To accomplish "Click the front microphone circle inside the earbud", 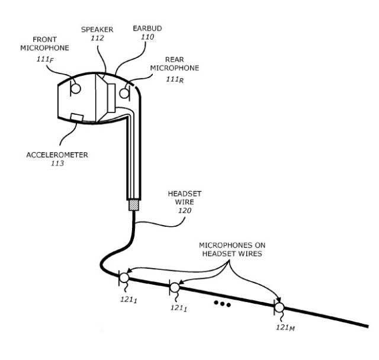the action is point(76,89).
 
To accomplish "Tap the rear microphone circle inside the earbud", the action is point(124,94).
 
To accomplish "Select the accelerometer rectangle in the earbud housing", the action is point(77,117).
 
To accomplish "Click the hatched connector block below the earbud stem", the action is point(134,205).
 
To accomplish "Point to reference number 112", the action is point(97,38).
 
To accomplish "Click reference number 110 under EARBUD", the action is point(147,37).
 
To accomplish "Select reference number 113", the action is point(57,163).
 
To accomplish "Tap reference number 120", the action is point(185,211).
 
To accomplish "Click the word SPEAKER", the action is point(97,30).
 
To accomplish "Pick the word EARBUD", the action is point(147,28).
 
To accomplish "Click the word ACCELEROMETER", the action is point(57,155).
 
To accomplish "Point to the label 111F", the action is point(45,59).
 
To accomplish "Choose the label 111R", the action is point(175,79).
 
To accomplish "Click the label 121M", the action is point(285,327).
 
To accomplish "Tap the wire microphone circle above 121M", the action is point(280,307).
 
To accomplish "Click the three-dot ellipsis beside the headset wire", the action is point(223,304).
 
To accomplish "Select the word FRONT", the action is point(45,40).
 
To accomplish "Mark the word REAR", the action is point(175,59).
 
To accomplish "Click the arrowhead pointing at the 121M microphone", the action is point(278,300).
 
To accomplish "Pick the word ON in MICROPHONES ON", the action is point(260,245).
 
